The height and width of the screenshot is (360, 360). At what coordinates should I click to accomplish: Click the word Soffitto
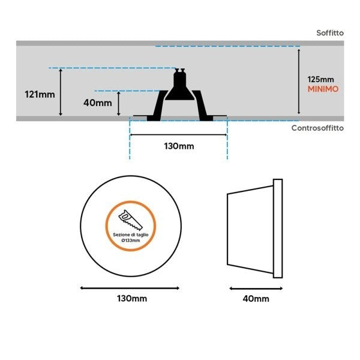tap(330, 33)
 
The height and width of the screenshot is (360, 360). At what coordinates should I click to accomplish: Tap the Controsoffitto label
tap(317, 128)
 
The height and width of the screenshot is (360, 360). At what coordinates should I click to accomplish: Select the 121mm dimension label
tap(40, 94)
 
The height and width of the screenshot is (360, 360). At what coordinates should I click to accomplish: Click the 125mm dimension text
tap(320, 79)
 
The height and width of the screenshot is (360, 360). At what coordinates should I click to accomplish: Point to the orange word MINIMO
tap(323, 89)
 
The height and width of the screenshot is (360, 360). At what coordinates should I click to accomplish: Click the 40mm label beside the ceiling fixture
tap(98, 103)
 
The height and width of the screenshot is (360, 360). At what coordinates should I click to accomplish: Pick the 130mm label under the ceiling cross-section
tap(179, 146)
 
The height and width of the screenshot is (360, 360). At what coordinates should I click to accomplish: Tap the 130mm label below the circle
tap(132, 298)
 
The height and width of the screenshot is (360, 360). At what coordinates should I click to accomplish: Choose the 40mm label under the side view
tap(256, 299)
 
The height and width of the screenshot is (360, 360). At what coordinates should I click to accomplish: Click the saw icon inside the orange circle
tap(130, 220)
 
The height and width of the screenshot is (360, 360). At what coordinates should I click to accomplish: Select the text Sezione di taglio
tap(131, 235)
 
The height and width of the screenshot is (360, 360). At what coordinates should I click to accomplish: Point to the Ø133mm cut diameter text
tap(131, 241)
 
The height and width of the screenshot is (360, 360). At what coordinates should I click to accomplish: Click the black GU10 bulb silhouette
tap(179, 85)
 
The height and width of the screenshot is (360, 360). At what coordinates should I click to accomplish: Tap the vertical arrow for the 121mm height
tap(61, 92)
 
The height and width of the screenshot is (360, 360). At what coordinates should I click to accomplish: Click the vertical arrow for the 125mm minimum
tap(299, 81)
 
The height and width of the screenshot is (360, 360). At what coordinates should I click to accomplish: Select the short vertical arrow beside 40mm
tap(118, 103)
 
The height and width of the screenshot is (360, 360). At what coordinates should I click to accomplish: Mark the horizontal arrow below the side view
tap(256, 289)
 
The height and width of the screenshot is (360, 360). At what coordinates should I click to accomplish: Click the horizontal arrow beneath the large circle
tap(130, 288)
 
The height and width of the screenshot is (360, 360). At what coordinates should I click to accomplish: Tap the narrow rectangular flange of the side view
tap(278, 229)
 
